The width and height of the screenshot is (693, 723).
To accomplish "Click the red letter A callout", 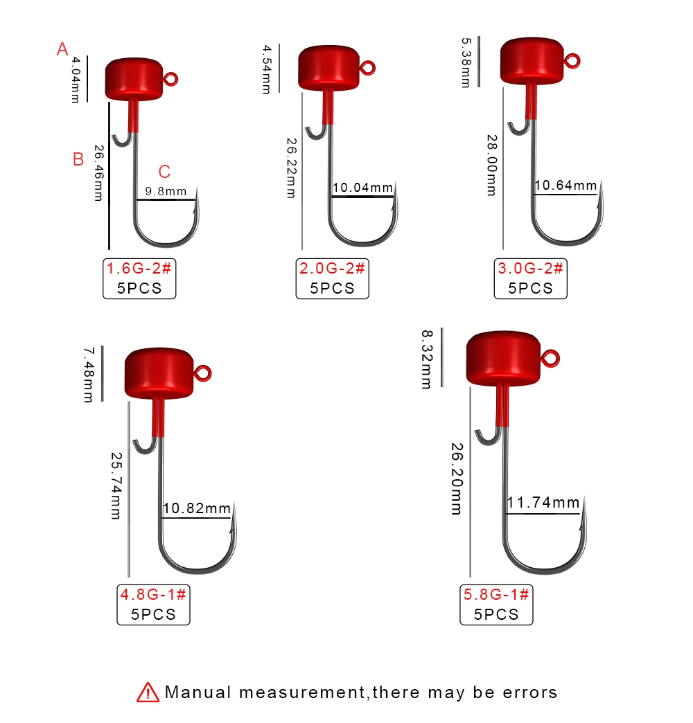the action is (x=62, y=49).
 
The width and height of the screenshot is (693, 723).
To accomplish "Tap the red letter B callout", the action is (x=78, y=159).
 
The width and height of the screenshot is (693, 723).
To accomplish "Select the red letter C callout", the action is (x=165, y=172).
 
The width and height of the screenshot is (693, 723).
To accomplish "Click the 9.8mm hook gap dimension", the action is (x=166, y=191).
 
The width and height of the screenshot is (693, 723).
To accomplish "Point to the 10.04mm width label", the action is (x=362, y=188).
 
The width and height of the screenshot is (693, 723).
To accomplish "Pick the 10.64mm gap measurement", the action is (x=565, y=186).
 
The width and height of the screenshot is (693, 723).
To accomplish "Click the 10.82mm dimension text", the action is (x=197, y=508).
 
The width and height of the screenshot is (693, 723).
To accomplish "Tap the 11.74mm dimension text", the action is (x=543, y=502).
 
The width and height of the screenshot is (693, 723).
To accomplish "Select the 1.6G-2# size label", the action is (x=139, y=268).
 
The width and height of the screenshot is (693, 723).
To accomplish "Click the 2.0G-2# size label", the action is (x=332, y=268).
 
